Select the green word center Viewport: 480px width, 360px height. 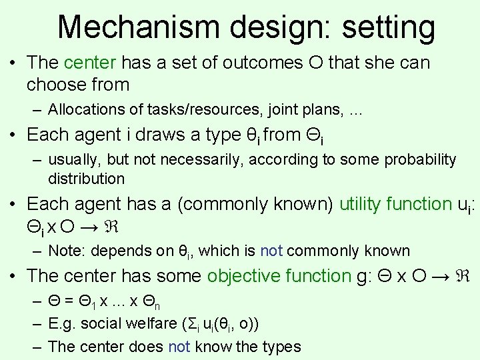[91, 63]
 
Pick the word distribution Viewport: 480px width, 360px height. [86, 179]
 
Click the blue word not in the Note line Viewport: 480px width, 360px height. [271, 251]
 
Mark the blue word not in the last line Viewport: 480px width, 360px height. [179, 347]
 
